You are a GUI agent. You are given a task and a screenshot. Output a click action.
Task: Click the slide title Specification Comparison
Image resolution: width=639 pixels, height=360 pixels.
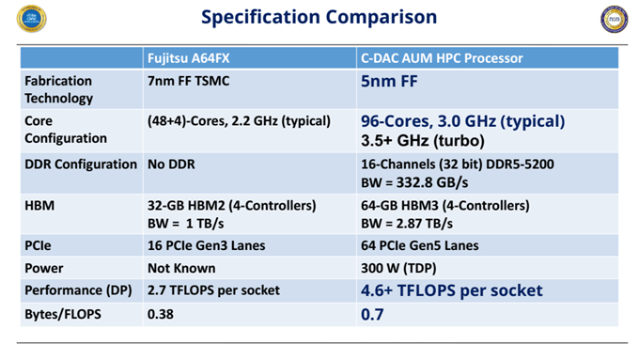click(x=319, y=17)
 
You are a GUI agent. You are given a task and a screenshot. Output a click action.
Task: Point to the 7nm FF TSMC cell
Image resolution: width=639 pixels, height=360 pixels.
click(x=188, y=81)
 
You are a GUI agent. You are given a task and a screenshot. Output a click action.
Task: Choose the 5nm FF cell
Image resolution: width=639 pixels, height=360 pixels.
click(x=389, y=82)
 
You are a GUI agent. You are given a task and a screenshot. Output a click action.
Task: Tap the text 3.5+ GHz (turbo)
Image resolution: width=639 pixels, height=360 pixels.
click(x=422, y=141)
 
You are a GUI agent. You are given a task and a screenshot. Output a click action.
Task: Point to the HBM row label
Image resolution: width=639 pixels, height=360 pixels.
click(x=40, y=205)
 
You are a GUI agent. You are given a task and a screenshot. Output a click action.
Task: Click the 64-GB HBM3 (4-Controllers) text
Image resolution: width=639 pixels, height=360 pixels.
click(x=445, y=205)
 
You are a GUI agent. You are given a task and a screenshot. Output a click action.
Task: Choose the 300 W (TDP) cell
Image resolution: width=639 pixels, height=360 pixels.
click(x=396, y=268)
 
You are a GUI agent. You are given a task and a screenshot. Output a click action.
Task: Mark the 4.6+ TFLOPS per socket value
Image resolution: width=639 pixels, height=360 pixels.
click(x=452, y=290)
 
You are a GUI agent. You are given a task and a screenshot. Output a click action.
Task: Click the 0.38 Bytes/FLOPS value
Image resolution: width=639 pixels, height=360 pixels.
click(x=161, y=314)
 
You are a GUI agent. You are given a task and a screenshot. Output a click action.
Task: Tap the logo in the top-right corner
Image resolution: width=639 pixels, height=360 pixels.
click(x=614, y=20)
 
